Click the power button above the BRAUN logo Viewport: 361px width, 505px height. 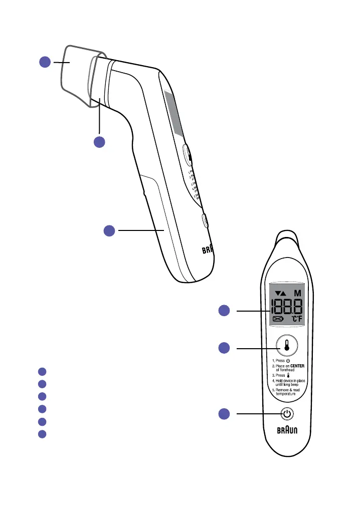(286, 414)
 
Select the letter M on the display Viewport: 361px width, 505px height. (298, 293)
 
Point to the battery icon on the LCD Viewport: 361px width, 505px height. (278, 319)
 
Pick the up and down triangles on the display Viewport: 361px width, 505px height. (279, 293)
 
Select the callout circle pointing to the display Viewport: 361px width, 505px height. (225, 311)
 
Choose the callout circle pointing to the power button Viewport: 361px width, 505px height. (225, 414)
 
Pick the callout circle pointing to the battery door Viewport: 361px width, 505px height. (110, 230)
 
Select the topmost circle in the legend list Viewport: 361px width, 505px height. (43, 371)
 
